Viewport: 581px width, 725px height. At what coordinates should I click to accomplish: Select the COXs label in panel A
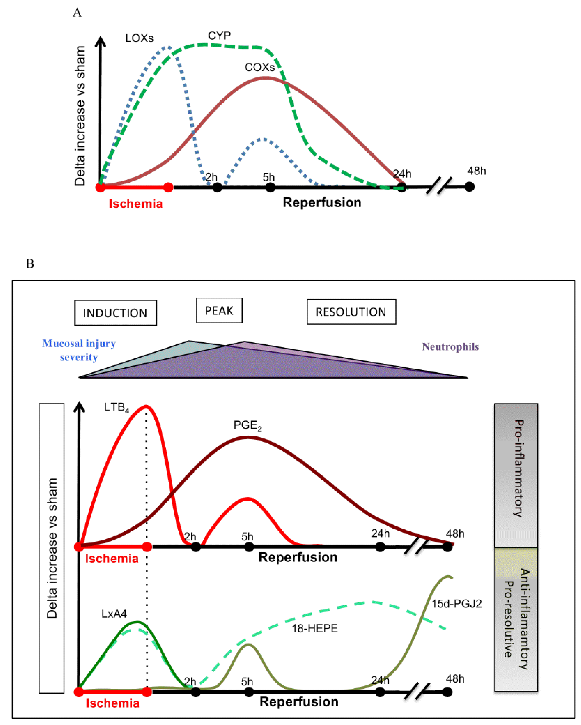click(259, 67)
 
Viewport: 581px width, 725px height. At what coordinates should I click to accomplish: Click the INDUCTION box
click(115, 313)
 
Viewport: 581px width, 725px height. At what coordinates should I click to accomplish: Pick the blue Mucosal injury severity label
click(79, 350)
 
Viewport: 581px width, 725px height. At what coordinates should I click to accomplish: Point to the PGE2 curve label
click(247, 425)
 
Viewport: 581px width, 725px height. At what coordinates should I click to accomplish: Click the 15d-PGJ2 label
click(456, 604)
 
